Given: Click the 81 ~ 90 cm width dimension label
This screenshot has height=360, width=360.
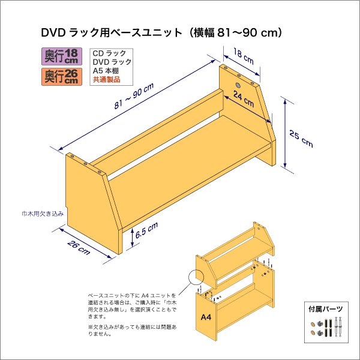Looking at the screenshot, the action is tap(134, 96).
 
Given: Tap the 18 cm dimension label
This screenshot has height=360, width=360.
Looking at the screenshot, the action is tap(244, 56).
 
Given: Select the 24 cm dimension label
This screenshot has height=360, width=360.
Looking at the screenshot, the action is tap(244, 99).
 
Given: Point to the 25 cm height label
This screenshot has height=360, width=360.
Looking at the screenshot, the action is tap(301, 139).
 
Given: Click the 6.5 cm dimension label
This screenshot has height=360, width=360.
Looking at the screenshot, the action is tap(146, 230).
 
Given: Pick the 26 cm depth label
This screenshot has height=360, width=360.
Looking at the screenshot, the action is tap(79, 248).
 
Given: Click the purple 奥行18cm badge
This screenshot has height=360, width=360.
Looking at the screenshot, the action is tap(62, 56).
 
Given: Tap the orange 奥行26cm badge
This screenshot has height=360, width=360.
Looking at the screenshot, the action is tap(62, 77).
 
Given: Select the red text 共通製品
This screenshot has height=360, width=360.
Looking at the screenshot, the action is tap(107, 80).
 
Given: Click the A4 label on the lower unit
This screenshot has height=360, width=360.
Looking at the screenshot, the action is tap(206, 317).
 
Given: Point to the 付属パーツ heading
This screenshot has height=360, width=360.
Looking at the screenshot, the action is tap(326, 309).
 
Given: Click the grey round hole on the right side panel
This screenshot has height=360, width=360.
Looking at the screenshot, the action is tap(238, 85).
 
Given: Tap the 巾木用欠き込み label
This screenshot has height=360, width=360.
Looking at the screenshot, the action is tap(43, 214).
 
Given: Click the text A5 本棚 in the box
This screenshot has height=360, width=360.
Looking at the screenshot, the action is tap(106, 71).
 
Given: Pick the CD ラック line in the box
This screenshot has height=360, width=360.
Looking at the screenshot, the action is tap(109, 53).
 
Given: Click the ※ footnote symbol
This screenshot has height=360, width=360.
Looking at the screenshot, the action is tap(90, 327).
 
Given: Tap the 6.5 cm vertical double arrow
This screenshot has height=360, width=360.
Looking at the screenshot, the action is tap(132, 238).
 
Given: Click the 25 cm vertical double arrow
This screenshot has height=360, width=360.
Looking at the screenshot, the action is tap(285, 133).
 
